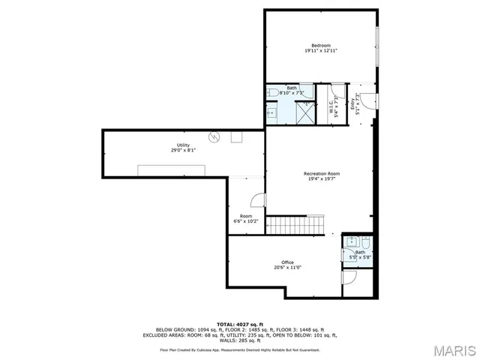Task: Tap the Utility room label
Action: (183, 145)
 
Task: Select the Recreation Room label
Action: (322, 173)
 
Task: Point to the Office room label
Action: (287, 262)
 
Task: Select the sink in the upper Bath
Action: (271, 113)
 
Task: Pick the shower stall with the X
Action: (304, 112)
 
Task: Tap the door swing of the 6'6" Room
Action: (258, 200)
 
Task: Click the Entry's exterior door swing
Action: (378, 100)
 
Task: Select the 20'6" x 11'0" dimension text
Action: (287, 268)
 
